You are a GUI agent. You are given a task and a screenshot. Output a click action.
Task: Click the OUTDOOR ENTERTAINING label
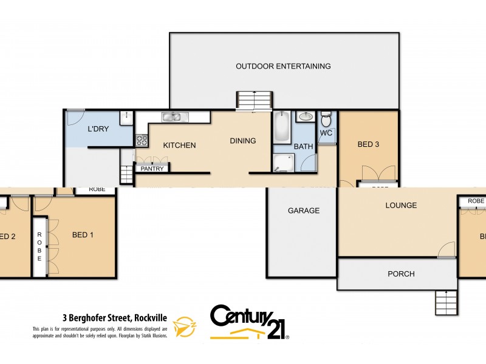tap(283, 66)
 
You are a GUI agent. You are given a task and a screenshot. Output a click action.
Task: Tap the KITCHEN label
tap(179, 145)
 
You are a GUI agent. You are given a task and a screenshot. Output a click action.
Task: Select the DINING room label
tap(242, 141)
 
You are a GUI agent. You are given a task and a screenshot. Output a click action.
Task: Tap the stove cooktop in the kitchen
tap(142, 140)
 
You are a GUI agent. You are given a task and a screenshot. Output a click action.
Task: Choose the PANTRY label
tap(152, 169)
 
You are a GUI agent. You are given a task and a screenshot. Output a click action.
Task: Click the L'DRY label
tap(97, 129)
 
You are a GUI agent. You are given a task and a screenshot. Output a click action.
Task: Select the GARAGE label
tap(303, 211)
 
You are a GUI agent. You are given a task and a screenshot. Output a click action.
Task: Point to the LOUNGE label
tap(401, 205)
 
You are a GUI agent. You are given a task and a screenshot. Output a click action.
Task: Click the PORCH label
tap(401, 274)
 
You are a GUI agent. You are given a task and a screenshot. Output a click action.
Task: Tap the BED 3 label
tap(368, 144)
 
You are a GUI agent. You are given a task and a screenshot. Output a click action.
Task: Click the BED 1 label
tap(83, 235)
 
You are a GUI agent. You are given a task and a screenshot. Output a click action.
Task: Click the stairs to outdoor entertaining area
tap(254, 101)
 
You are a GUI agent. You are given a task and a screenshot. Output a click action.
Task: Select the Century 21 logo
tap(249, 322)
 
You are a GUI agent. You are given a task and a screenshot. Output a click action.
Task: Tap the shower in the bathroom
tap(283, 161)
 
